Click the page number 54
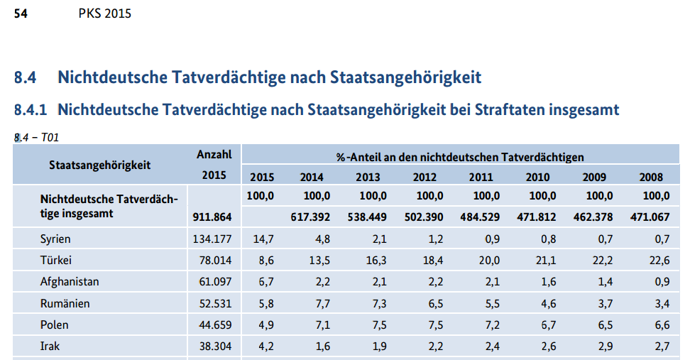[x=21, y=13]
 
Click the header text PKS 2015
[x=105, y=13]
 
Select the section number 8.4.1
[x=31, y=110]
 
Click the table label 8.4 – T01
[x=36, y=138]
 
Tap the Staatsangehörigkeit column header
[x=99, y=165]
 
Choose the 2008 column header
[x=650, y=177]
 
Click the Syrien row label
[x=55, y=239]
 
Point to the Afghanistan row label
[x=69, y=282]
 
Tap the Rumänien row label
[x=64, y=303]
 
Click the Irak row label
[x=50, y=347]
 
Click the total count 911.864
[x=212, y=217]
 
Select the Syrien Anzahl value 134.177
[x=212, y=239]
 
